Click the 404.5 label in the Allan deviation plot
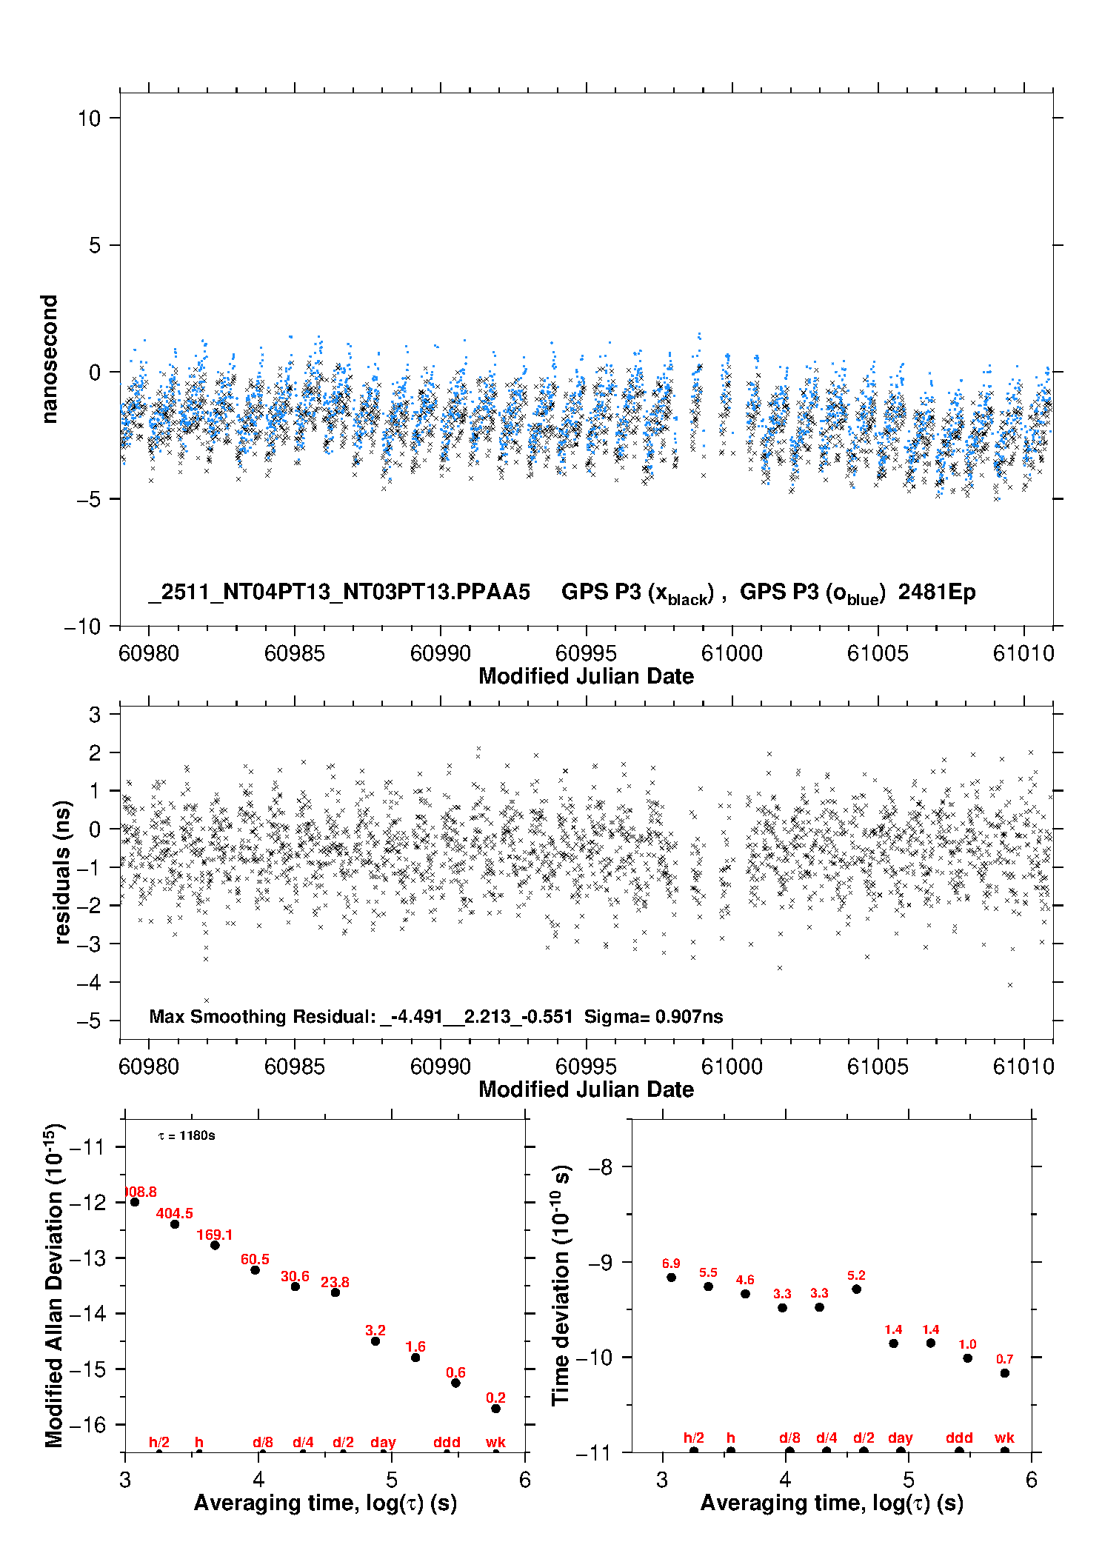174,1213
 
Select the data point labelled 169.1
215,1245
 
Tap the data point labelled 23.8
335,1292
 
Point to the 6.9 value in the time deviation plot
671,1263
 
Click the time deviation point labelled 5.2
856,1289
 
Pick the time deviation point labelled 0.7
1004,1373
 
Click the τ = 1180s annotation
187,1136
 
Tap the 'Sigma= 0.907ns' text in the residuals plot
653,1016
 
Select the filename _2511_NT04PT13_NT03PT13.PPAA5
339,592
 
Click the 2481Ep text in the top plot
937,592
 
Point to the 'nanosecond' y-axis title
50,359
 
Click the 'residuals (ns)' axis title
63,872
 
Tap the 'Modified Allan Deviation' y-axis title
54,1285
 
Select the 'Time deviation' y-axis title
561,1285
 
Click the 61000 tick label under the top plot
732,653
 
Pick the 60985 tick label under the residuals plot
294,1066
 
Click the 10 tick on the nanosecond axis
90,118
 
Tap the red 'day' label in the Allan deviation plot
383,1442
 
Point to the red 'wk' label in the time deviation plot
1004,1438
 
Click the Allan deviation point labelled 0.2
495,1409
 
